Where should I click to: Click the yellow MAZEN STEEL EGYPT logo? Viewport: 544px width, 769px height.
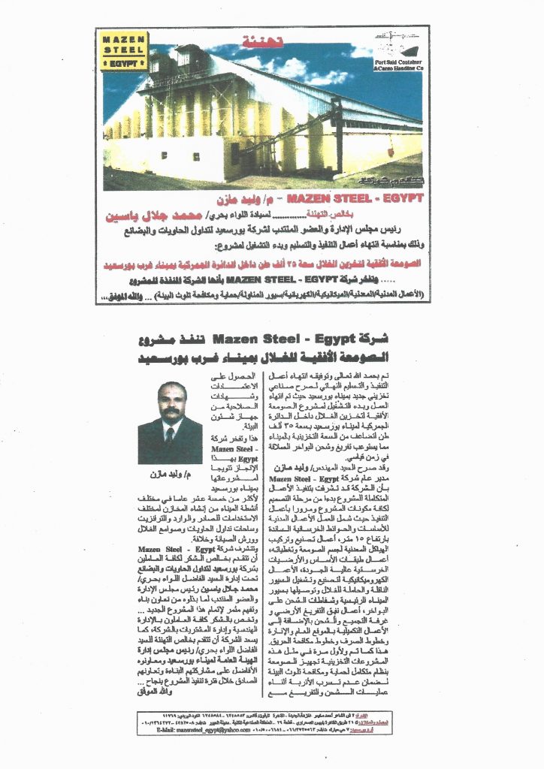[x=124, y=50]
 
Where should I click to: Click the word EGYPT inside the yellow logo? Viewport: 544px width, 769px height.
[x=124, y=65]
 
